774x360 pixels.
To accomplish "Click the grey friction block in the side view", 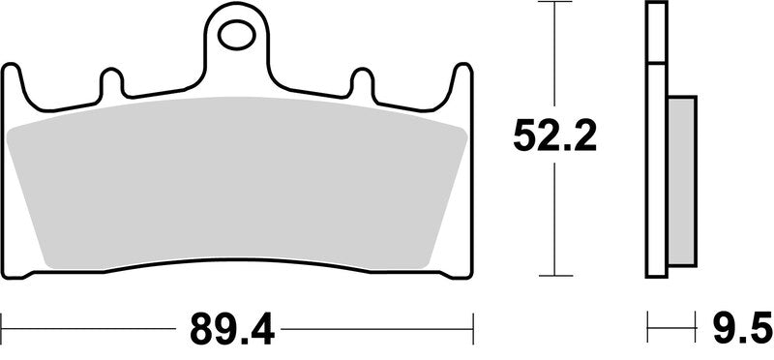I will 682,181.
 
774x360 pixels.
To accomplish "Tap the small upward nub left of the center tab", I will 110,82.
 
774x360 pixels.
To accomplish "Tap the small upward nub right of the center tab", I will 362,82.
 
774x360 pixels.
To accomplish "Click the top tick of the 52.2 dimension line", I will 553,4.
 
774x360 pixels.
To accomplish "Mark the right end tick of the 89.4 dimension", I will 472,321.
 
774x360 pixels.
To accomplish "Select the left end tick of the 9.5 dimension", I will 647,321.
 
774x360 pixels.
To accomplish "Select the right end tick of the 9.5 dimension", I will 697,321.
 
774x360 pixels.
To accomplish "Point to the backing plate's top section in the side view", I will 657,34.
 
